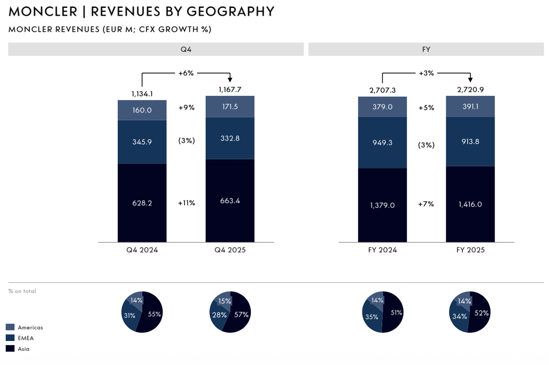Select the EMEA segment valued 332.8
(x=230, y=138)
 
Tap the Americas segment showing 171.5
(x=230, y=107)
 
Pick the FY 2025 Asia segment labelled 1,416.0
(x=470, y=204)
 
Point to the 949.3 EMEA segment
(x=382, y=142)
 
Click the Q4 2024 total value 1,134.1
(x=142, y=94)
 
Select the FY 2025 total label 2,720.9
(x=470, y=89)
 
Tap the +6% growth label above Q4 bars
(x=186, y=73)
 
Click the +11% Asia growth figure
(x=186, y=203)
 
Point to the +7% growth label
(x=426, y=204)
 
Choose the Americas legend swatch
(x=10, y=327)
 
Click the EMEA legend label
(x=26, y=338)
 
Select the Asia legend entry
(x=23, y=349)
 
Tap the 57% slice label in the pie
(x=240, y=314)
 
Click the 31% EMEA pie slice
(x=129, y=316)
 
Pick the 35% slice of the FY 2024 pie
(x=372, y=317)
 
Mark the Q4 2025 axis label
(x=230, y=250)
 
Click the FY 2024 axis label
(x=382, y=250)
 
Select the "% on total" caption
(x=22, y=291)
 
